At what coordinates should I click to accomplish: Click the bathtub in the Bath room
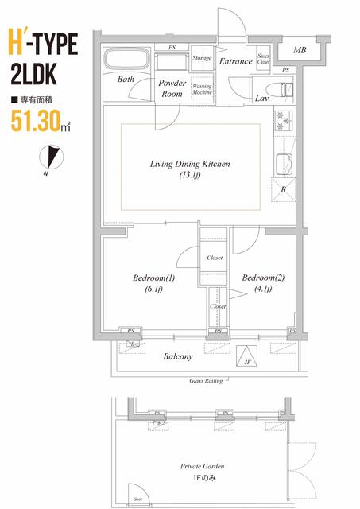[128, 60]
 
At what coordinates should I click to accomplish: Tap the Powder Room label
[172, 87]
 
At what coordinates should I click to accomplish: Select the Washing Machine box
[202, 88]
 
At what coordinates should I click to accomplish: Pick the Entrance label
[236, 61]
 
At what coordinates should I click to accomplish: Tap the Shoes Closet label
[263, 61]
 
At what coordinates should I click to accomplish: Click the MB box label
[299, 51]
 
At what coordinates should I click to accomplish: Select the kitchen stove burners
[285, 121]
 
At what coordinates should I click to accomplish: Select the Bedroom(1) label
[153, 282]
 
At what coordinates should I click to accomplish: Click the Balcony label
[177, 357]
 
